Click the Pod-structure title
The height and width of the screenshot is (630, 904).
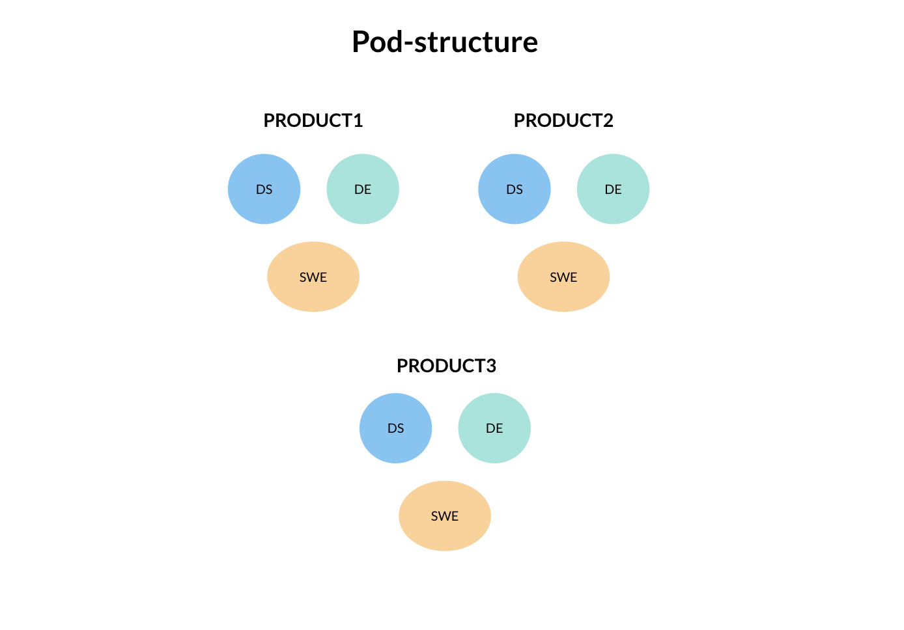(445, 42)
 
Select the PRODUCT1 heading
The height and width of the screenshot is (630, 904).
(313, 120)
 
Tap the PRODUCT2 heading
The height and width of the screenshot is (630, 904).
(563, 120)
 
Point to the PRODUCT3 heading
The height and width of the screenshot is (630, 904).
(446, 366)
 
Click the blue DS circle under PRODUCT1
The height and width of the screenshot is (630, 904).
(264, 189)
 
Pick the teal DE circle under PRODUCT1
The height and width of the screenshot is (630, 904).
(363, 189)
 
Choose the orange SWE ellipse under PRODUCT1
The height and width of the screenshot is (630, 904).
(313, 277)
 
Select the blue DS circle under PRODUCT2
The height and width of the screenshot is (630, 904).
(515, 189)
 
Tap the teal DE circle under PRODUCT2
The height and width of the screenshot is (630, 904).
(613, 189)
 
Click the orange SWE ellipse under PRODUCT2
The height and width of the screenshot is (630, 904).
(563, 277)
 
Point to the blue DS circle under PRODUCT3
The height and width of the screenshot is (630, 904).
(395, 428)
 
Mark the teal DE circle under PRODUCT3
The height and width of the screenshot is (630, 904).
(494, 428)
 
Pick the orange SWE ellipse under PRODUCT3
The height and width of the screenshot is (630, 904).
(445, 516)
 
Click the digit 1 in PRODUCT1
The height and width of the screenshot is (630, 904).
(358, 120)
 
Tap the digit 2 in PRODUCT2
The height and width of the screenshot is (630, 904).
(608, 120)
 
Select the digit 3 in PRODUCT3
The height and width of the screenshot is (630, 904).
(491, 366)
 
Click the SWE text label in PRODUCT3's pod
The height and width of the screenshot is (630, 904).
(445, 516)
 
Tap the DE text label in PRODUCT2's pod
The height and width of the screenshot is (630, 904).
(613, 189)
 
